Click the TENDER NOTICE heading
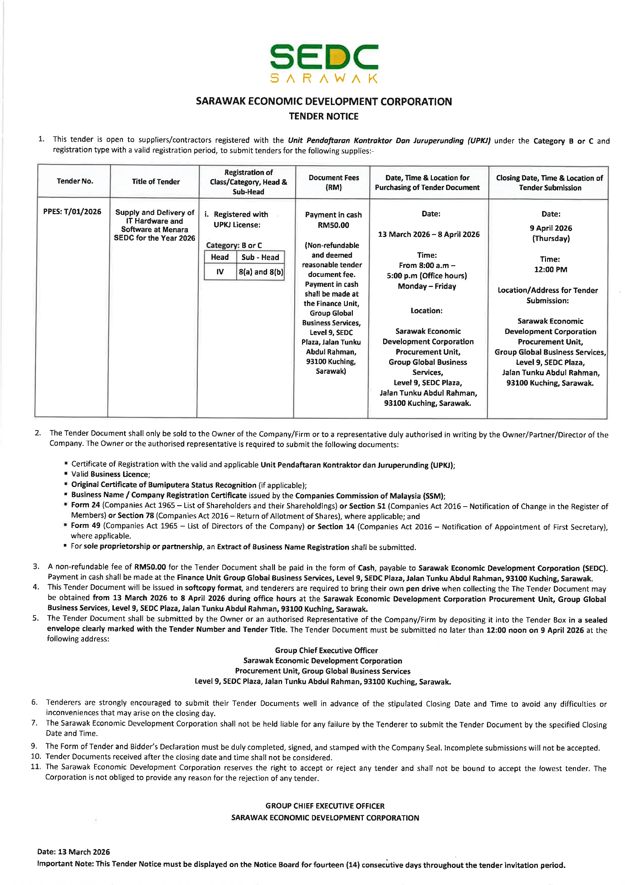(x=323, y=116)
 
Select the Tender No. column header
(x=75, y=181)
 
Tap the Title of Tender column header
(x=155, y=182)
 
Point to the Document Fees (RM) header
(x=333, y=182)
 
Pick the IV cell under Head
(x=220, y=272)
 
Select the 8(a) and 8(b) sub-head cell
(x=261, y=272)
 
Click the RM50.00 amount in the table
(x=333, y=225)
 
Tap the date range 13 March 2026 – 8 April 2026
(x=429, y=234)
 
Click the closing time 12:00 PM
(x=550, y=269)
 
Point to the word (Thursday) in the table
(x=551, y=238)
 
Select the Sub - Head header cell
(x=260, y=257)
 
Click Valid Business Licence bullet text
(x=111, y=474)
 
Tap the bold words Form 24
(x=85, y=505)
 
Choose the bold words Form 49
(x=85, y=525)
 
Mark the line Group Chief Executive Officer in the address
(x=326, y=650)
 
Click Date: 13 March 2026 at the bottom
(x=74, y=852)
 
